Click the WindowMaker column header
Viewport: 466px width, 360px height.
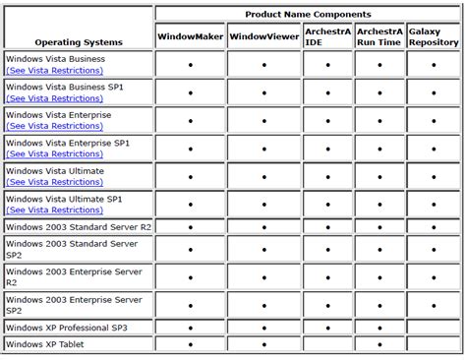click(189, 37)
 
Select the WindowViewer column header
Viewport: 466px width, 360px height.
click(263, 37)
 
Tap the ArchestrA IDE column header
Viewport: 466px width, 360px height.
click(327, 37)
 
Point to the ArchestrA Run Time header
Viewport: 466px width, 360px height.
click(379, 37)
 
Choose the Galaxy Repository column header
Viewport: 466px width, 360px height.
click(433, 37)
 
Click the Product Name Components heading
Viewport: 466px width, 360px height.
click(308, 14)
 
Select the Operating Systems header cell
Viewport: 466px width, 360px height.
click(79, 42)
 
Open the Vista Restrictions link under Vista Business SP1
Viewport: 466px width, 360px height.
click(50, 98)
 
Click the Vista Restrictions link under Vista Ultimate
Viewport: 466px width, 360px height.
click(50, 182)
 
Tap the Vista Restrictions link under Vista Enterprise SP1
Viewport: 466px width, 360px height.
click(50, 154)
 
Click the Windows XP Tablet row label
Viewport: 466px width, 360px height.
click(45, 344)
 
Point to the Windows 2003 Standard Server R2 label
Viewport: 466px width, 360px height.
click(79, 226)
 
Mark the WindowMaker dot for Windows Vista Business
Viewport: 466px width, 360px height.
click(190, 65)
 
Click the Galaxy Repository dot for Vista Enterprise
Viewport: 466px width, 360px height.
click(433, 120)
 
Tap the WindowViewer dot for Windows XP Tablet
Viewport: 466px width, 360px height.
click(264, 344)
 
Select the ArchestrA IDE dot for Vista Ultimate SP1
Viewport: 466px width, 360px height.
click(327, 204)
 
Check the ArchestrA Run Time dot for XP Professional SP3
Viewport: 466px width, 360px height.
click(379, 327)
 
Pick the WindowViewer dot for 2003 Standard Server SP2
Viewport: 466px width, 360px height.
click(264, 249)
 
